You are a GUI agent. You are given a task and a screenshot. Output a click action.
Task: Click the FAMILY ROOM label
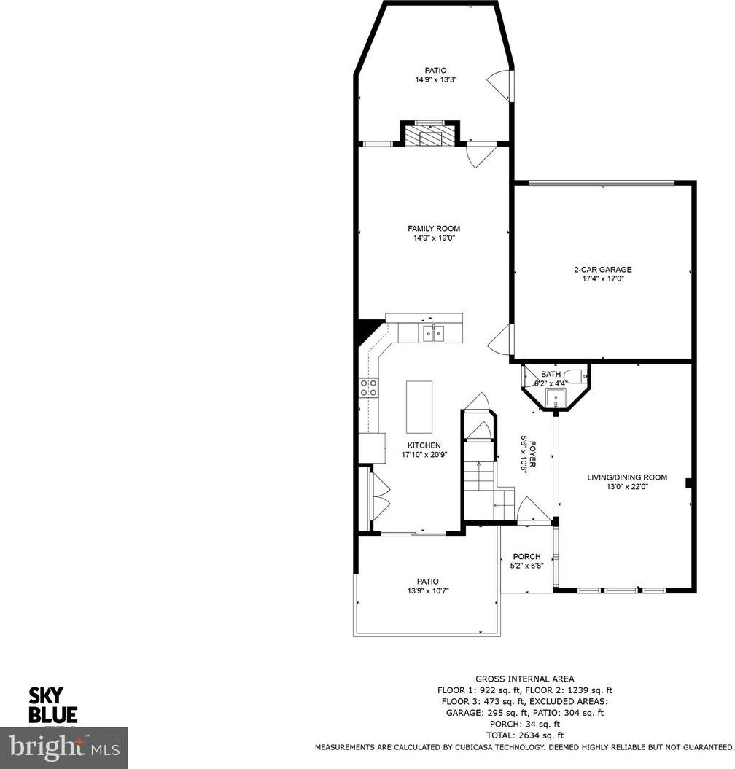(434, 229)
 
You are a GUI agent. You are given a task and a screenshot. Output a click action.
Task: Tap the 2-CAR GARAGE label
(602, 269)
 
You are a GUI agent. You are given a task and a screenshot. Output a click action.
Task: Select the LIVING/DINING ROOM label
(627, 477)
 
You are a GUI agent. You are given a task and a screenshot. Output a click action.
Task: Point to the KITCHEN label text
(424, 445)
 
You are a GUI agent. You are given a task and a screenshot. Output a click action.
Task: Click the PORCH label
(526, 557)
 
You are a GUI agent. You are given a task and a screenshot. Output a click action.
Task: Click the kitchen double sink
(434, 333)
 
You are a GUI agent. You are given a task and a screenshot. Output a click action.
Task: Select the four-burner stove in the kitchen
(368, 388)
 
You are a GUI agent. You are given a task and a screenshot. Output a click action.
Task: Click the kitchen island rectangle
(419, 407)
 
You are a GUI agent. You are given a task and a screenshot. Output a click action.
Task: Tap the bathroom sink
(556, 398)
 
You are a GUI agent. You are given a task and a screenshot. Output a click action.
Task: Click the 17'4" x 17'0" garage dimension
(602, 278)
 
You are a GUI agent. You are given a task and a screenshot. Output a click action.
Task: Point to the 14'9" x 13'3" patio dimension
(436, 79)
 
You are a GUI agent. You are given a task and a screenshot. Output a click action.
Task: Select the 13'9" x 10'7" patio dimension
(428, 591)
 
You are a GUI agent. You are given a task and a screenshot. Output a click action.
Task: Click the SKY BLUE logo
(53, 706)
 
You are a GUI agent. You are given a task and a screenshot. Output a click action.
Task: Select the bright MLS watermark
(63, 748)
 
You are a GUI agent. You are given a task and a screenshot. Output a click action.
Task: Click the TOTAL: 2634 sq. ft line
(524, 735)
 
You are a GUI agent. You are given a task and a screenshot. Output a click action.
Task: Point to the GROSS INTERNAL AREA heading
(524, 679)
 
